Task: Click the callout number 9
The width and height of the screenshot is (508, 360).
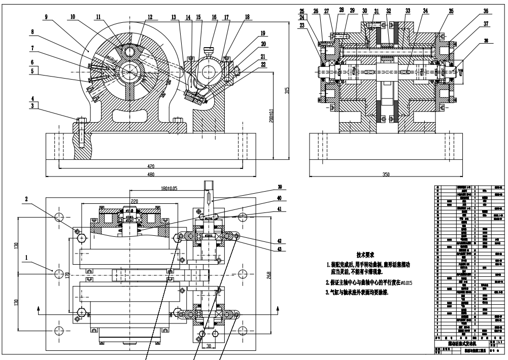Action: pyautogui.click(x=46, y=17)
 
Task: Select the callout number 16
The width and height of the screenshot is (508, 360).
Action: pyautogui.click(x=214, y=17)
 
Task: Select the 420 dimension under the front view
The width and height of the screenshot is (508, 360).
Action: pyautogui.click(x=151, y=165)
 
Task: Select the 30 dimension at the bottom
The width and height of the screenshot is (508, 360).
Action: pyautogui.click(x=208, y=347)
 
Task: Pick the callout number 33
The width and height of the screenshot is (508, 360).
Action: pyautogui.click(x=408, y=10)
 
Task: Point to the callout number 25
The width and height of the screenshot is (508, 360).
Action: pyautogui.click(x=315, y=11)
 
